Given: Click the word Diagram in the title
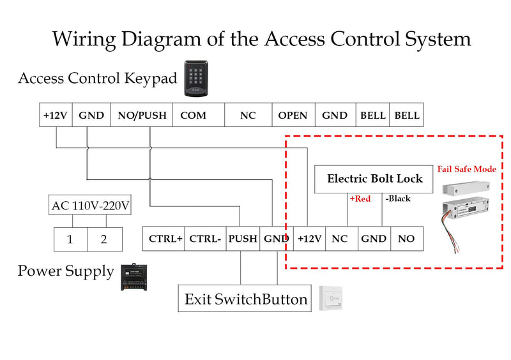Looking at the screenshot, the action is tap(162, 40).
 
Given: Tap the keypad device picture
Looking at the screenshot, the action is tap(196, 79).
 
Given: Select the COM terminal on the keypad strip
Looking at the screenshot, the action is tap(198, 115).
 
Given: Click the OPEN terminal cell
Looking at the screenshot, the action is tap(293, 115).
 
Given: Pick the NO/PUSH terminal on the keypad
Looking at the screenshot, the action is tap(141, 115).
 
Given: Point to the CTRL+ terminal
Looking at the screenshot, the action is tap(164, 239).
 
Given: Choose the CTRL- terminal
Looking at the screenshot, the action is tap(205, 239).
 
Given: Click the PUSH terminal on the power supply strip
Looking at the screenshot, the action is tap(243, 239).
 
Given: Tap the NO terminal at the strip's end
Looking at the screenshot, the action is tap(407, 239).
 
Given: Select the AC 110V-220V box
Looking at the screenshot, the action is tap(90, 205).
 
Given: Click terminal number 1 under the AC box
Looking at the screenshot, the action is tap(70, 239).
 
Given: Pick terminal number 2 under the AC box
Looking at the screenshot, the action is tap(105, 239).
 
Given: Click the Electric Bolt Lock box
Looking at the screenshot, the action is tap(374, 179).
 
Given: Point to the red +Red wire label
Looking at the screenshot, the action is tap(360, 199).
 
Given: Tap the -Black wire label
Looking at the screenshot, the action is tap(398, 199).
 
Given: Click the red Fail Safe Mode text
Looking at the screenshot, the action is tap(467, 169).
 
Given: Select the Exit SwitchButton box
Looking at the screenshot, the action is tap(245, 299).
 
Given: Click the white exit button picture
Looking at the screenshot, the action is tap(331, 298).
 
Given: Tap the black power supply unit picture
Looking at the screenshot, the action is tap(134, 277).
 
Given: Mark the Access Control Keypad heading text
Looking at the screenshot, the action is tap(98, 79).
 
